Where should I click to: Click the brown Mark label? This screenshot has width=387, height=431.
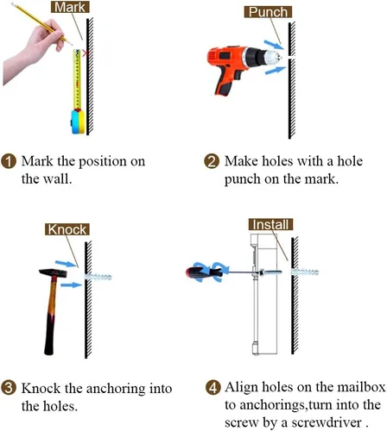70,7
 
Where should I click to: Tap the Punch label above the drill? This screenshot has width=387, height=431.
268,12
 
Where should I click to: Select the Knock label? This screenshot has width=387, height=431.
67,229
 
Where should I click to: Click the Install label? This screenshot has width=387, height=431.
270,224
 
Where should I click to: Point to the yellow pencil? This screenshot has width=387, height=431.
41,23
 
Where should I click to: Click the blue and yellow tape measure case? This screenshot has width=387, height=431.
78,122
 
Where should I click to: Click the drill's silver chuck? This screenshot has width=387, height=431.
271,58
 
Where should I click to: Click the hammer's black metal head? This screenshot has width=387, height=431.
53,272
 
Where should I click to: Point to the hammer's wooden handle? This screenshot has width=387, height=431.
50,316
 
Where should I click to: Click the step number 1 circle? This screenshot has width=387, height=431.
9,161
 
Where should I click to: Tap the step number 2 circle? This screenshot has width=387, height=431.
212,161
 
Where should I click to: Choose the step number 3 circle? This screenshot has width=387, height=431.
9,388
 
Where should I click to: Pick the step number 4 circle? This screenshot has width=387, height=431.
213,388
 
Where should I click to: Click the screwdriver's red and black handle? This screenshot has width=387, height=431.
204,272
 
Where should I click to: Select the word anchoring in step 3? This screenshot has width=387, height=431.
116,389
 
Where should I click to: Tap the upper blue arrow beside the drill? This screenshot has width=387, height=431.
274,45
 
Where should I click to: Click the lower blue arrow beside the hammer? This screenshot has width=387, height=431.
72,284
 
